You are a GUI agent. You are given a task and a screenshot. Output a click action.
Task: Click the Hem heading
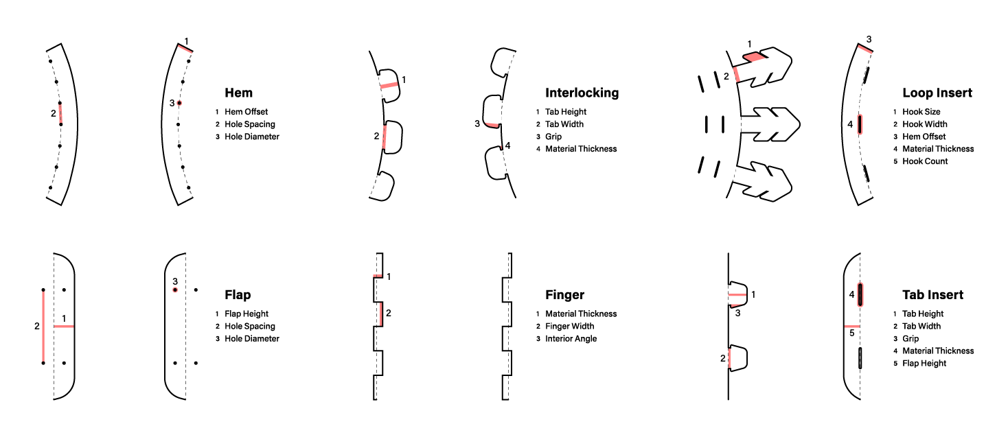[x=238, y=93]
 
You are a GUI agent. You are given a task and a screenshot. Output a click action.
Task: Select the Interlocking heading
[x=582, y=93]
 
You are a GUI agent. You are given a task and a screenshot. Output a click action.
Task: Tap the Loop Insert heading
[x=937, y=93]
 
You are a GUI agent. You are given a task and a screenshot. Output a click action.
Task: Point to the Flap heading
[x=238, y=295]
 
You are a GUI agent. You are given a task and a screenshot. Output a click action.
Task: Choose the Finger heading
[x=564, y=295]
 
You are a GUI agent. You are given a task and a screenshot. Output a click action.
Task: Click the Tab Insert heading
[x=933, y=295]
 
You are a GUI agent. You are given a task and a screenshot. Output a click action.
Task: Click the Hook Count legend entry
[x=925, y=161]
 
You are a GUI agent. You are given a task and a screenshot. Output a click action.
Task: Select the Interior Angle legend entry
[x=571, y=339]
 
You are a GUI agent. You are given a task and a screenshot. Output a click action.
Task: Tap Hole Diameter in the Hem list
[x=252, y=137]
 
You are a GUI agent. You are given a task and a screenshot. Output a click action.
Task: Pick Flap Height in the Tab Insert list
[x=924, y=364]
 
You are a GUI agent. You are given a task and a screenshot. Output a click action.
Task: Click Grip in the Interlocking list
[x=553, y=137]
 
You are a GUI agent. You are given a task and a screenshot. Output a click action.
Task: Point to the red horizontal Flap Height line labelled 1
[x=64, y=326]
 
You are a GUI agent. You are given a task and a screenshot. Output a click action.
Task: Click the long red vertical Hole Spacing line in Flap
[x=43, y=327]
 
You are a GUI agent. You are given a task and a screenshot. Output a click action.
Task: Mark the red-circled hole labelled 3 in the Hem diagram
[x=179, y=104]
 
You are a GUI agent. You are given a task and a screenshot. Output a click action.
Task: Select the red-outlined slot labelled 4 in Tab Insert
[x=860, y=294]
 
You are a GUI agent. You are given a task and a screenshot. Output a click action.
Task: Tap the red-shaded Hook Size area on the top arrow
[x=754, y=57]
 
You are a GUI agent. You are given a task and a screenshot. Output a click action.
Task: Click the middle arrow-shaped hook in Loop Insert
[x=770, y=125]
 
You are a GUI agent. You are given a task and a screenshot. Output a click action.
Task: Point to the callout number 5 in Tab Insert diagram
[x=852, y=333]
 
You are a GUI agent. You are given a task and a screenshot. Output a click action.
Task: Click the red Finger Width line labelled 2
[x=382, y=314]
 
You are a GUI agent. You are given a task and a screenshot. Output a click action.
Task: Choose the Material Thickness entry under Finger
[x=581, y=314]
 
